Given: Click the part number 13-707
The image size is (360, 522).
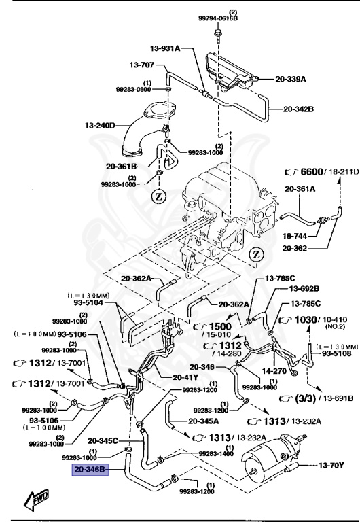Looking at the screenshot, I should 142,65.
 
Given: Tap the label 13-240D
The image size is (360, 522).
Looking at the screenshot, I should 100,125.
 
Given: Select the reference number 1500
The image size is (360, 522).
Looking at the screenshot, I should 221,326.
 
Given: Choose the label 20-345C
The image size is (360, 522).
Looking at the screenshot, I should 103,440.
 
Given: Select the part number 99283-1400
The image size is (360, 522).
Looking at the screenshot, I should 217,453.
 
